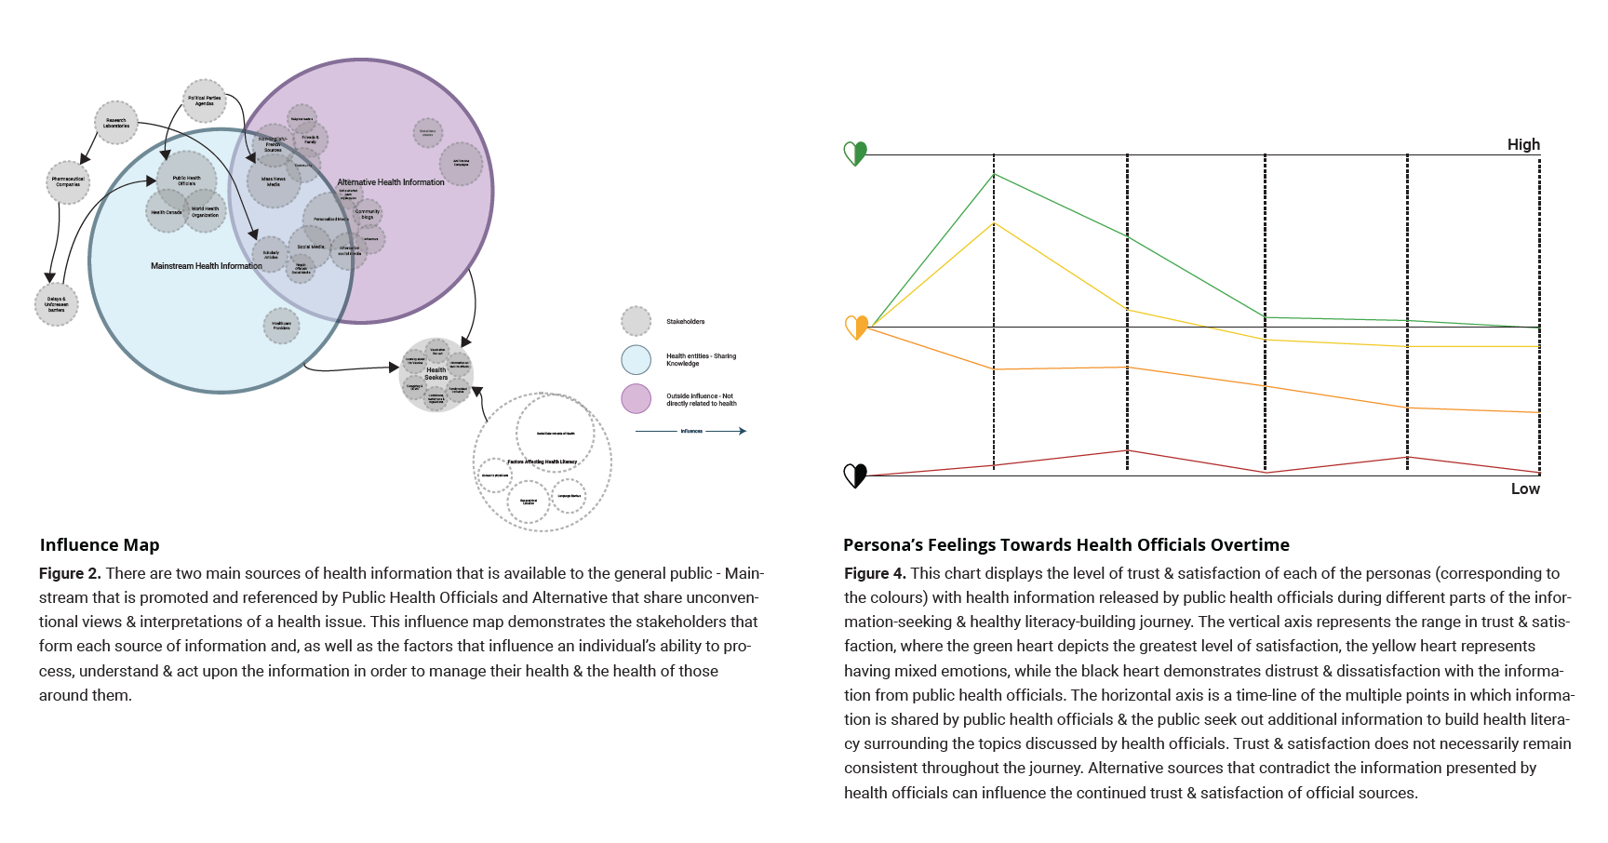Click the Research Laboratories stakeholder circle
tap(116, 123)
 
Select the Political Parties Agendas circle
tap(205, 100)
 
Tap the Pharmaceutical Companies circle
tap(68, 182)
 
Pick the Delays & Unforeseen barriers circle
tap(57, 305)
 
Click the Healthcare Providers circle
tap(281, 326)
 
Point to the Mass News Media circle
tap(274, 181)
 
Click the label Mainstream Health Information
tap(207, 266)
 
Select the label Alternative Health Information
tap(391, 182)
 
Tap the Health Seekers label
tap(436, 374)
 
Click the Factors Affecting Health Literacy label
tap(543, 462)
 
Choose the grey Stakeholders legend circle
tap(636, 321)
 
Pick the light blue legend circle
tap(636, 360)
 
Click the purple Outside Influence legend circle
tap(636, 399)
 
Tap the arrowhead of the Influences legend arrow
tap(743, 431)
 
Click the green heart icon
tap(855, 153)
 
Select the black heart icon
tap(855, 475)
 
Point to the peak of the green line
tap(994, 174)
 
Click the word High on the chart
tap(1523, 144)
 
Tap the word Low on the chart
tap(1525, 488)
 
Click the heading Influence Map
tap(100, 544)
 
